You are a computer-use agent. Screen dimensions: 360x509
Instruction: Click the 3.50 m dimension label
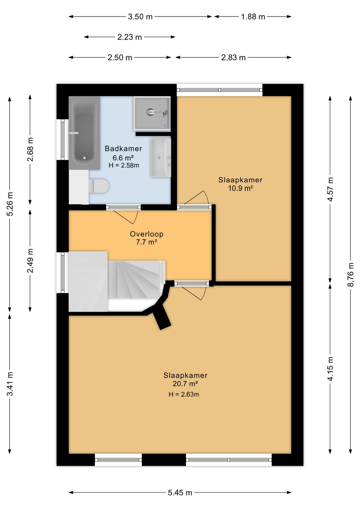click(140, 17)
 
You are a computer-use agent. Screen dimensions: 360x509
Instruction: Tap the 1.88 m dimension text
click(253, 17)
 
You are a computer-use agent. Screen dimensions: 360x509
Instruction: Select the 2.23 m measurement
click(129, 37)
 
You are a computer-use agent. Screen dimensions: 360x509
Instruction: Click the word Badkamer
click(123, 149)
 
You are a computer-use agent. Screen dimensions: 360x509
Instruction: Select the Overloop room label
click(146, 234)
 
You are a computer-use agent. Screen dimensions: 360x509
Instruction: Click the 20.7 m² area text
click(185, 384)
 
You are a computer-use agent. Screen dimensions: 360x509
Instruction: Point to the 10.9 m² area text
click(241, 188)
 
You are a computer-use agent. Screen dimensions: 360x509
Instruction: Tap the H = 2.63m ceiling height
click(184, 394)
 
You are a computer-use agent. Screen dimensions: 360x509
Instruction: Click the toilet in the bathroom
click(98, 186)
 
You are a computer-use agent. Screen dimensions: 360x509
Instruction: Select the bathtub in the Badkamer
click(84, 133)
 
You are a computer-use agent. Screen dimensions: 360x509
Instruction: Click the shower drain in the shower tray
click(150, 111)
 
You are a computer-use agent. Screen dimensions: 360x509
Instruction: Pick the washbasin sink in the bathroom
click(161, 157)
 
